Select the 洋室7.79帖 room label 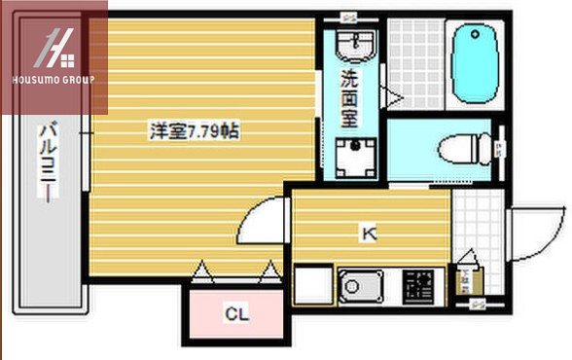point(194,130)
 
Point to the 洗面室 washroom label point(348,97)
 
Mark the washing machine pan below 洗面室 point(349,156)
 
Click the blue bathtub point(474,59)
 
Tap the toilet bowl point(458,149)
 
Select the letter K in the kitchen point(369,234)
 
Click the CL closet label point(235,313)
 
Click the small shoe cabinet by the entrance point(465,281)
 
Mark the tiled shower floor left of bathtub point(415,60)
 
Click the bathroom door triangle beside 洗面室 point(393,96)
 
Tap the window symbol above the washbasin point(348,16)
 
